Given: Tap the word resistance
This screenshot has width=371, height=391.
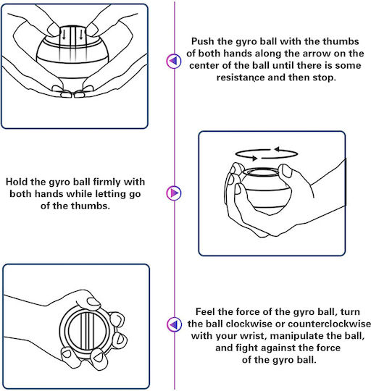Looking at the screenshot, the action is coord(241,77).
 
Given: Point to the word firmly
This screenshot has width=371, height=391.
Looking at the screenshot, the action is coord(107,182).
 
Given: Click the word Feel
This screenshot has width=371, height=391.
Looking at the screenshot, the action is coord(205,311).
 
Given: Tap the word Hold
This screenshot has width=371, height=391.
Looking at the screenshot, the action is coord(17,182).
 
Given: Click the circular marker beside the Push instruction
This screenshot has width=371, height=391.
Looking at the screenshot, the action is coord(174,61).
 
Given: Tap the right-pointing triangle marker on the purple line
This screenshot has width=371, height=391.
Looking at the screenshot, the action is coord(174,193).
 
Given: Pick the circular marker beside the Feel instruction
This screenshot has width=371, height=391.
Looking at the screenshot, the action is coord(174,324).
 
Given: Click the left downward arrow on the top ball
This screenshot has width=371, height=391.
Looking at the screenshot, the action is coord(64,35).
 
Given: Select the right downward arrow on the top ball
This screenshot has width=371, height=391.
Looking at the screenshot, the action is coord(81,35).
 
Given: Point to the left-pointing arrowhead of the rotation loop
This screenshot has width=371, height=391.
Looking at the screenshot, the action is coord(277,149).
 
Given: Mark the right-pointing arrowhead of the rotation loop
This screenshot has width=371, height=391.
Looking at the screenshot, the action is coord(254,158).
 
